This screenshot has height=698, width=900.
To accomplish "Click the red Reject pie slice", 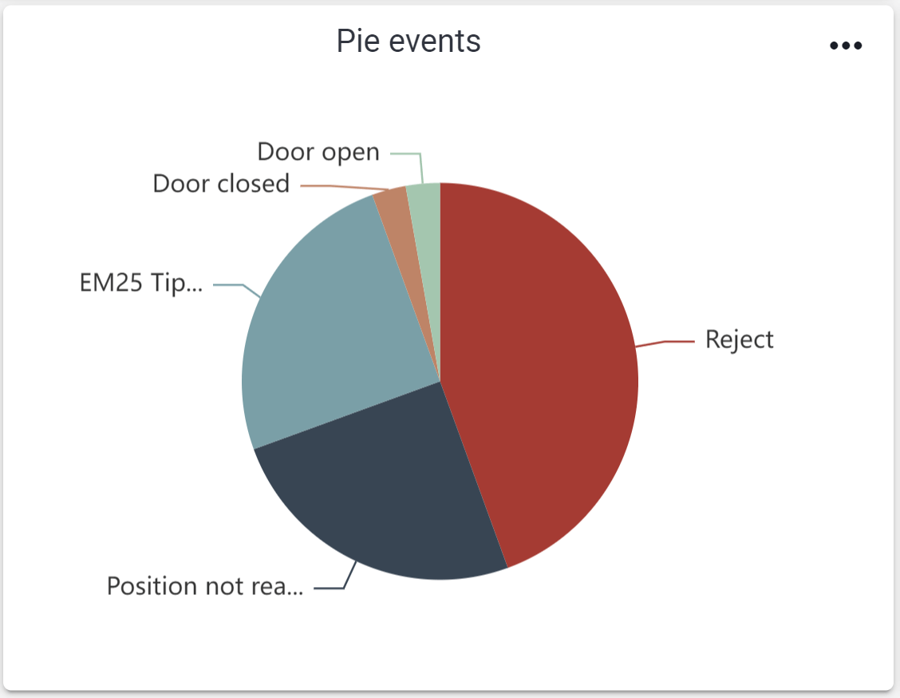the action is [543, 367].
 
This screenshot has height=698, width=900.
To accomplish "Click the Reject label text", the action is [740, 339].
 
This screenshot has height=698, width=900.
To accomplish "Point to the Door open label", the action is [318, 151].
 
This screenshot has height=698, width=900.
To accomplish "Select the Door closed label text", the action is [221, 184].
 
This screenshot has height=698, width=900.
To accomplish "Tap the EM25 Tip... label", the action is [141, 284].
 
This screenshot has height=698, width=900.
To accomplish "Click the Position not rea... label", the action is [205, 586].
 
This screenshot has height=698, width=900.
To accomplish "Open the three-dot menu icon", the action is [846, 46].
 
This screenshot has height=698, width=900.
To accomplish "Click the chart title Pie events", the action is [409, 41].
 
